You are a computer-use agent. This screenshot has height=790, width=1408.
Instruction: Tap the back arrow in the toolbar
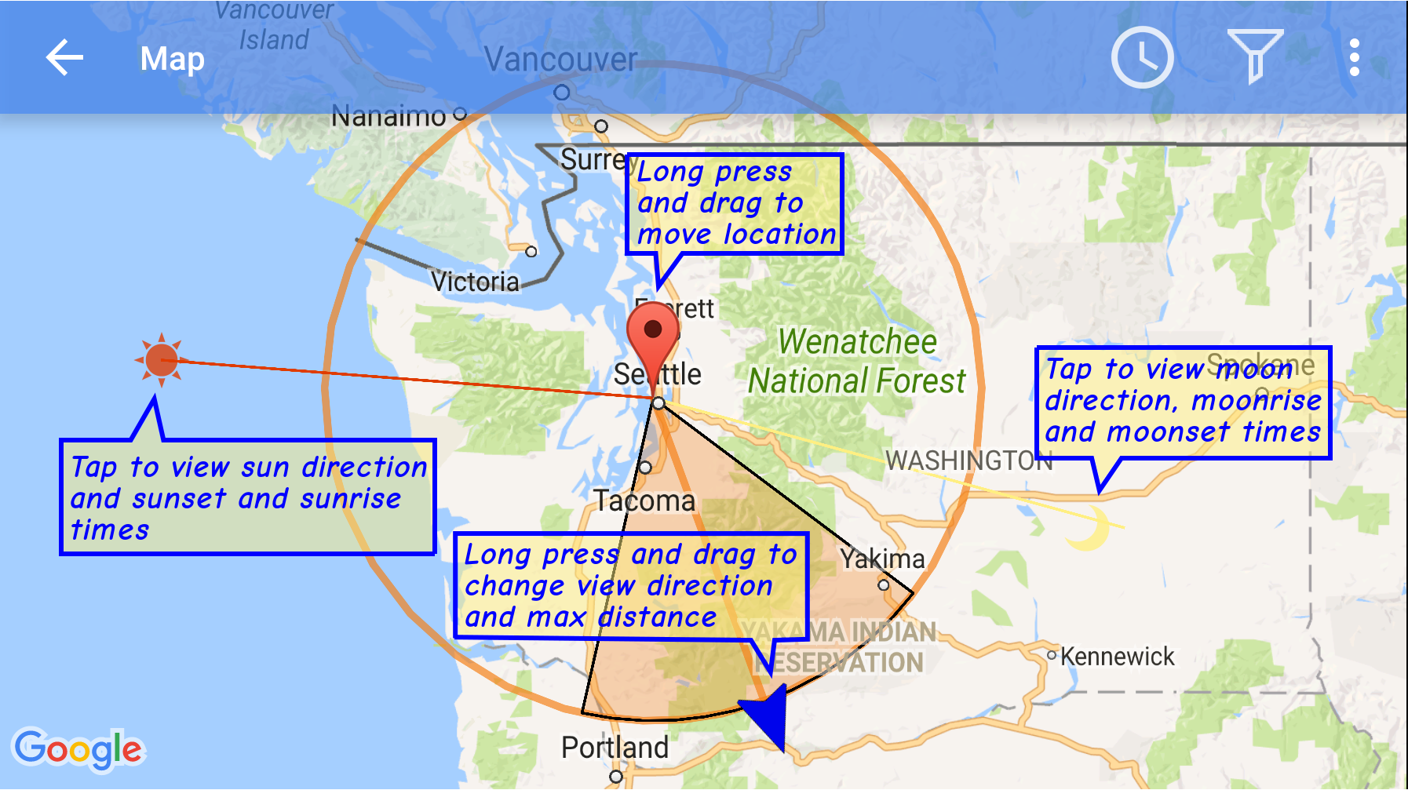64,58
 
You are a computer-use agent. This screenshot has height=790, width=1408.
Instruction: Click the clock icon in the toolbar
1142,57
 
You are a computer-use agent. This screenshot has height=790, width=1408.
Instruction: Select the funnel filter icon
1255,55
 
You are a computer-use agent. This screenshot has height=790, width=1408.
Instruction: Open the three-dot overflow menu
1354,58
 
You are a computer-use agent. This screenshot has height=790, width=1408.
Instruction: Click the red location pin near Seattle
653,333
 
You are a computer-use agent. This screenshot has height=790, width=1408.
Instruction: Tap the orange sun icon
161,360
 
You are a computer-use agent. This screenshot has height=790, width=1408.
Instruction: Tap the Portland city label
615,748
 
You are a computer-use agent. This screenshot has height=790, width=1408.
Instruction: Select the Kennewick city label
1117,657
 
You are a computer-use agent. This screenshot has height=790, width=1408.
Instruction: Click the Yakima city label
882,559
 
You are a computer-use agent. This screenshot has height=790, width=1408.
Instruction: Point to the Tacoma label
644,501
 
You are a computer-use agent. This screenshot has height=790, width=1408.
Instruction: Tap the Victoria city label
475,282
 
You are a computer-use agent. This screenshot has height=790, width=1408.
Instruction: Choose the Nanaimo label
388,117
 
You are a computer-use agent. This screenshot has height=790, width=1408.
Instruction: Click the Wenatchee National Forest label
857,362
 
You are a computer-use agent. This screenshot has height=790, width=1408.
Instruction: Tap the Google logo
78,749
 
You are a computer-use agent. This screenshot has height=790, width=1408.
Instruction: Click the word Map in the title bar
172,59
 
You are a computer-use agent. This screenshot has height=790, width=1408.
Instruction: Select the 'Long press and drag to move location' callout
735,204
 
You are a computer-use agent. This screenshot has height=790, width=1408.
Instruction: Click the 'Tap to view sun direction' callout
248,497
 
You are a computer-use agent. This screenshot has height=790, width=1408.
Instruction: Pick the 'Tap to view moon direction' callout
1184,402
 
